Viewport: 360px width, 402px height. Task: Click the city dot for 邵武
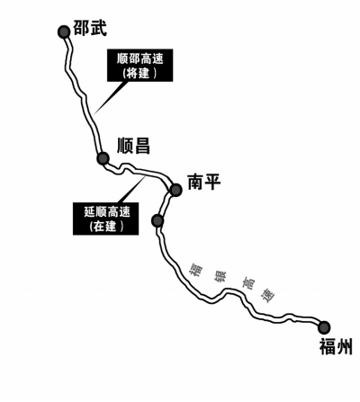[63, 31]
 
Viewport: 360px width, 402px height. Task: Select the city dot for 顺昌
[103, 159]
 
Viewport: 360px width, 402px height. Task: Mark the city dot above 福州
[324, 327]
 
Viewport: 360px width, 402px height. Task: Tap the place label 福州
[334, 347]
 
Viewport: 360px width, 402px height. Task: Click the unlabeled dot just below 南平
[157, 220]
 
